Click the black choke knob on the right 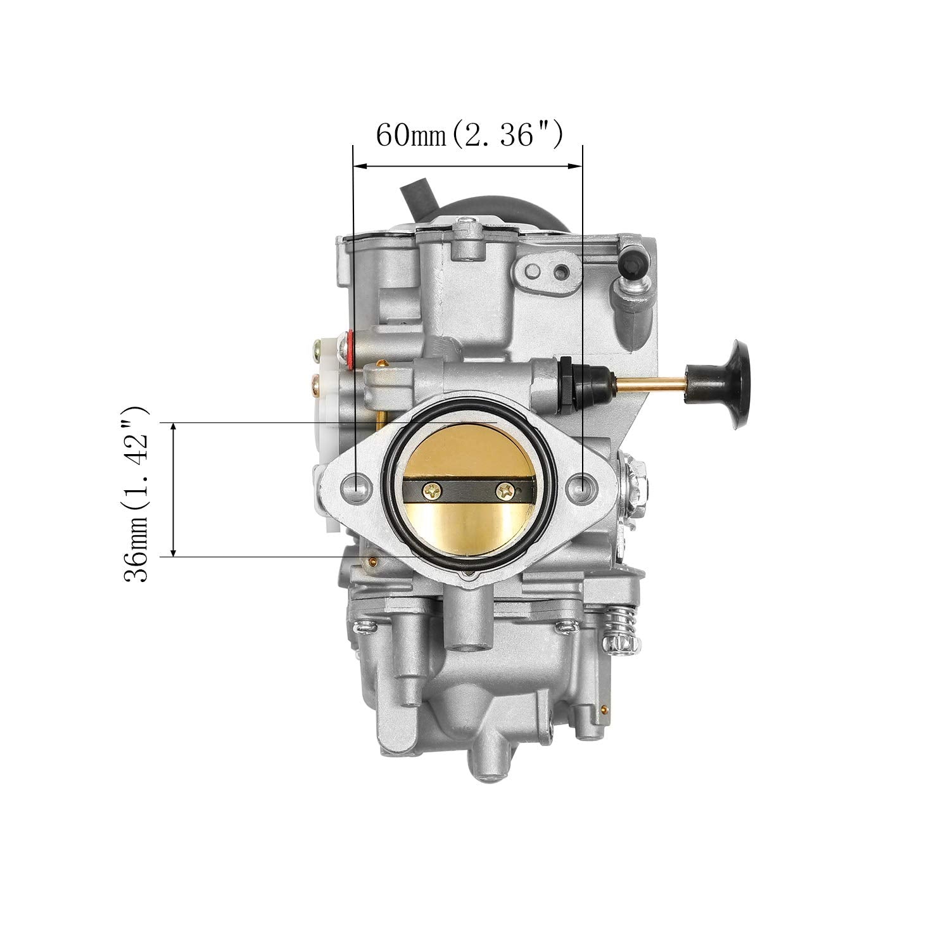737,384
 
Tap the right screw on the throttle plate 505,489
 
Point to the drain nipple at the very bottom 488,757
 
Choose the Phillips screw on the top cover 467,221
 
